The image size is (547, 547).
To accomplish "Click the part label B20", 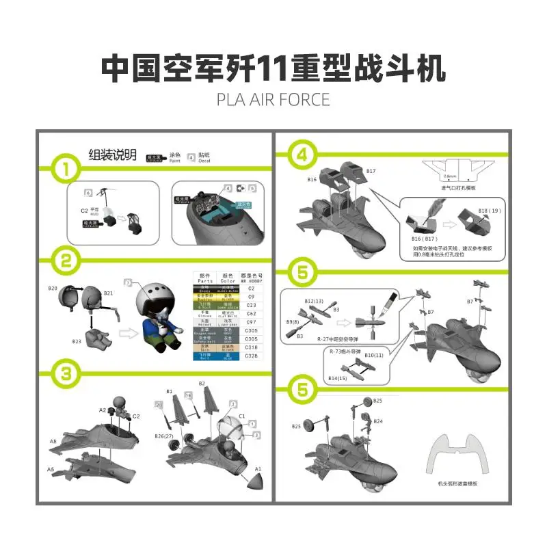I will click(53, 289).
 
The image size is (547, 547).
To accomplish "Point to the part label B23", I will click(77, 340).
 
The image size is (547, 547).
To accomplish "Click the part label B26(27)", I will click(164, 436).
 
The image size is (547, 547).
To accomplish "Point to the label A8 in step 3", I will click(53, 442).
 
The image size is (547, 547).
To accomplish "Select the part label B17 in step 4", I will click(371, 171).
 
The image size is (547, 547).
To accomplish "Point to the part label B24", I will click(378, 421).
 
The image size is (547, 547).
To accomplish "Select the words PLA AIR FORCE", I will click(273, 99).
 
